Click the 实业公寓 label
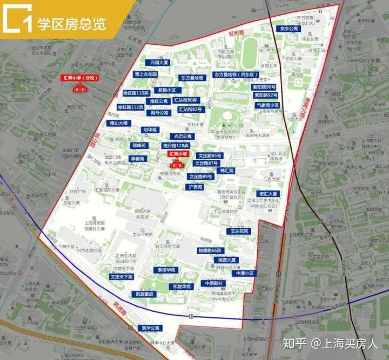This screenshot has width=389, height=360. (x=287, y=28)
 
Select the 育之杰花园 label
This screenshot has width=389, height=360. (x=146, y=74)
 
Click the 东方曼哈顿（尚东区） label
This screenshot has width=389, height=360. (x=236, y=74)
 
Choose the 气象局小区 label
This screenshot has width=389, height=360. (x=267, y=105)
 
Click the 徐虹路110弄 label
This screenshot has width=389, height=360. (x=135, y=93)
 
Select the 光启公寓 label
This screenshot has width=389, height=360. (x=183, y=137)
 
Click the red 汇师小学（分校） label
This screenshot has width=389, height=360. (x=79, y=78)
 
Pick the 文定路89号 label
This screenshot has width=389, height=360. (x=201, y=176)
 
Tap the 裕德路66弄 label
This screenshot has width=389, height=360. (x=209, y=250)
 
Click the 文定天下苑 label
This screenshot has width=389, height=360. (x=121, y=276)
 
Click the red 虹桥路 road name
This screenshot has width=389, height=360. (x=237, y=33)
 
